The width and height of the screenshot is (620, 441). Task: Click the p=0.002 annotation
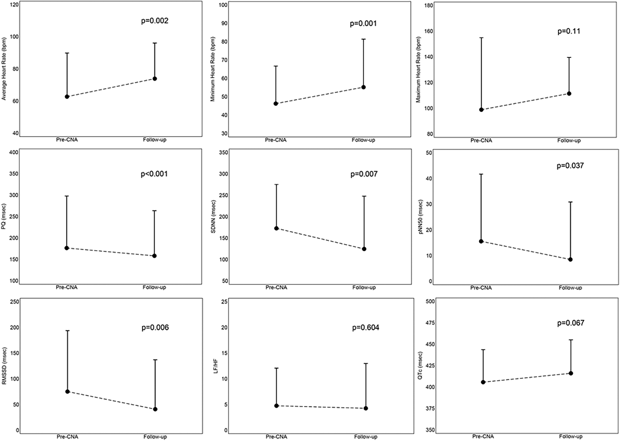click(155, 21)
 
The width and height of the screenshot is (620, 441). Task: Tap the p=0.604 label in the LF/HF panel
click(365, 328)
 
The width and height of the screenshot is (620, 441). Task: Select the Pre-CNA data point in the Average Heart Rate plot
click(67, 96)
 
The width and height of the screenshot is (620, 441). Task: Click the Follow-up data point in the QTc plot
click(571, 373)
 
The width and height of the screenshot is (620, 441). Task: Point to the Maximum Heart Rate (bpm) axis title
click(419, 69)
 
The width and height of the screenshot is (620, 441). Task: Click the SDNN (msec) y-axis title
click(213, 217)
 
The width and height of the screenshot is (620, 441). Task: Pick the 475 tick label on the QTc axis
click(430, 323)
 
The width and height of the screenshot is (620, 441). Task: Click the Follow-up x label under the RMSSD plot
click(155, 437)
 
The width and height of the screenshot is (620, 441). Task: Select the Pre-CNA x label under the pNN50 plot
click(481, 288)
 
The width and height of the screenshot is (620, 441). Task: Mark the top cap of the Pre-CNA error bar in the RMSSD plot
click(67, 331)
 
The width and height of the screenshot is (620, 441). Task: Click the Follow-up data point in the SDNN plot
click(364, 249)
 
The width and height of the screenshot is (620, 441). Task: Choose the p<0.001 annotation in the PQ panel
click(154, 174)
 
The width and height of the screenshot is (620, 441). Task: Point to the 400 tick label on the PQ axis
click(14, 152)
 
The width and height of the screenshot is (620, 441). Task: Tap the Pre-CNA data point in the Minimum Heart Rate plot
click(276, 103)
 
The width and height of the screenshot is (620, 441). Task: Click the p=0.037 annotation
click(570, 166)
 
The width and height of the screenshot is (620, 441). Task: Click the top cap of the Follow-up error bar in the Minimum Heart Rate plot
click(363, 39)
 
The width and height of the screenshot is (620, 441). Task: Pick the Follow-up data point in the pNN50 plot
click(570, 260)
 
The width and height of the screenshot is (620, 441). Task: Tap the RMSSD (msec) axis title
click(4, 366)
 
